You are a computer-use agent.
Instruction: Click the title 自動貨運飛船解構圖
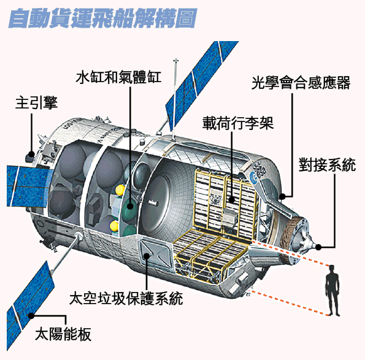[x=102, y=18]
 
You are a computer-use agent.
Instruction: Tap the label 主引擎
[x=36, y=103]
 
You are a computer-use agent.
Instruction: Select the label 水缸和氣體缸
[x=119, y=77]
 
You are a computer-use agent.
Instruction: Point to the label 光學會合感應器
[x=301, y=83]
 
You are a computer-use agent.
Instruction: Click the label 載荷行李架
[x=237, y=123]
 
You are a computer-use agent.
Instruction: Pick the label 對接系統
[x=327, y=165]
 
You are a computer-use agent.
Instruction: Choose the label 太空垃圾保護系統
[x=126, y=298]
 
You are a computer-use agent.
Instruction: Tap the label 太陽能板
[x=63, y=334]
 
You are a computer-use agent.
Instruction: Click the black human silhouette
[x=332, y=291]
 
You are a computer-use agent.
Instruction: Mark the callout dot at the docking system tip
[x=318, y=247]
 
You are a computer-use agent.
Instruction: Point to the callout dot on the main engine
[x=31, y=154]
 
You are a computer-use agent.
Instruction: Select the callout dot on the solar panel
[x=31, y=316]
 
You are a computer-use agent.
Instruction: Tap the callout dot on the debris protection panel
[x=147, y=256]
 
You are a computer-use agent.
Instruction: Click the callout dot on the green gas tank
[x=130, y=206]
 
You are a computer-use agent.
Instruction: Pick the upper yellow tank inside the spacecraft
[x=120, y=190]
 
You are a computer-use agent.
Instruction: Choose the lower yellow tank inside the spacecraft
[x=114, y=226]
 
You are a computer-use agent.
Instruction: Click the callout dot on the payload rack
[x=232, y=200]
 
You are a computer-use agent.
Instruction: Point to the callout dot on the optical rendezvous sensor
[x=282, y=197]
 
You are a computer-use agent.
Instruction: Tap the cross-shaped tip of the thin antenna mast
[x=176, y=61]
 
